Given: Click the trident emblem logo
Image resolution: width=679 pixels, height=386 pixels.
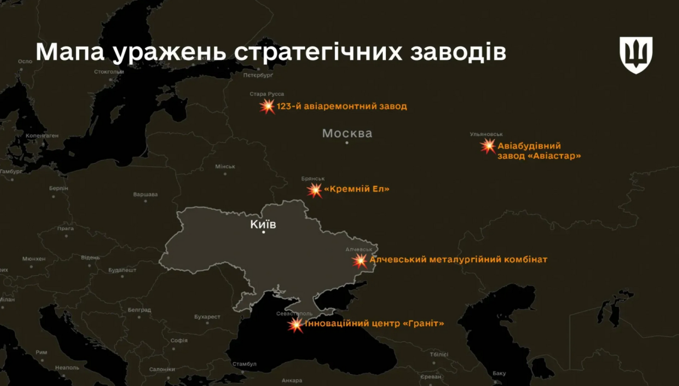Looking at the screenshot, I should pyautogui.click(x=636, y=55).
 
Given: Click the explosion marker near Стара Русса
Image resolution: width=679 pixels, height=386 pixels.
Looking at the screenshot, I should pyautogui.click(x=268, y=106).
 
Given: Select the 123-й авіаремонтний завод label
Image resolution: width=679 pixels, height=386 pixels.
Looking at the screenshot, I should pyautogui.click(x=341, y=106).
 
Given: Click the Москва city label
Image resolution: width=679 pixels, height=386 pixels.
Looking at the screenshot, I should pyautogui.click(x=347, y=133).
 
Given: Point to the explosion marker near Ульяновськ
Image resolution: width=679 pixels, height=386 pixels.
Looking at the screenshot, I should pyautogui.click(x=489, y=146).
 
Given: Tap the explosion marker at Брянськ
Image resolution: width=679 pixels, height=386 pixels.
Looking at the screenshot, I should pyautogui.click(x=314, y=190).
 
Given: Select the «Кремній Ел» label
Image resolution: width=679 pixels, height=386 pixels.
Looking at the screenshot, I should pyautogui.click(x=356, y=189).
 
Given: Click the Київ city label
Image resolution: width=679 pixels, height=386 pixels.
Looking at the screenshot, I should pyautogui.click(x=263, y=224).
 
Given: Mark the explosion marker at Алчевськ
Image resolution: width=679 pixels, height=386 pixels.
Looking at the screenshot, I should pyautogui.click(x=360, y=260).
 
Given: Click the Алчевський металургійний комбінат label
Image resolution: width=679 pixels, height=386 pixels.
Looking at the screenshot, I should pyautogui.click(x=458, y=259).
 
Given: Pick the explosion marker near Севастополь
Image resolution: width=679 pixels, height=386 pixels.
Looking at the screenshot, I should pyautogui.click(x=295, y=325).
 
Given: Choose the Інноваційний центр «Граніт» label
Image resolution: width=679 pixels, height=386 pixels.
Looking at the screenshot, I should pyautogui.click(x=374, y=324).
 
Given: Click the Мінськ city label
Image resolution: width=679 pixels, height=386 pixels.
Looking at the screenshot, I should pyautogui.click(x=225, y=166).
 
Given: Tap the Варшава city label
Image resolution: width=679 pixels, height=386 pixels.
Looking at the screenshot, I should pyautogui.click(x=145, y=194).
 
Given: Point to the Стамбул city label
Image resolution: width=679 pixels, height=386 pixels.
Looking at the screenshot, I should pyautogui.click(x=245, y=364).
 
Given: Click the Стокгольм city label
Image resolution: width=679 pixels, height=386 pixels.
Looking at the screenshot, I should pyautogui.click(x=109, y=71).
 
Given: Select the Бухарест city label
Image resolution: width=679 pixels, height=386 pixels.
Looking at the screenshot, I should pyautogui.click(x=207, y=316).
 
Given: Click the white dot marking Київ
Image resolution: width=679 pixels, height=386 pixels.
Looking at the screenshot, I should pyautogui.click(x=263, y=232).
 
